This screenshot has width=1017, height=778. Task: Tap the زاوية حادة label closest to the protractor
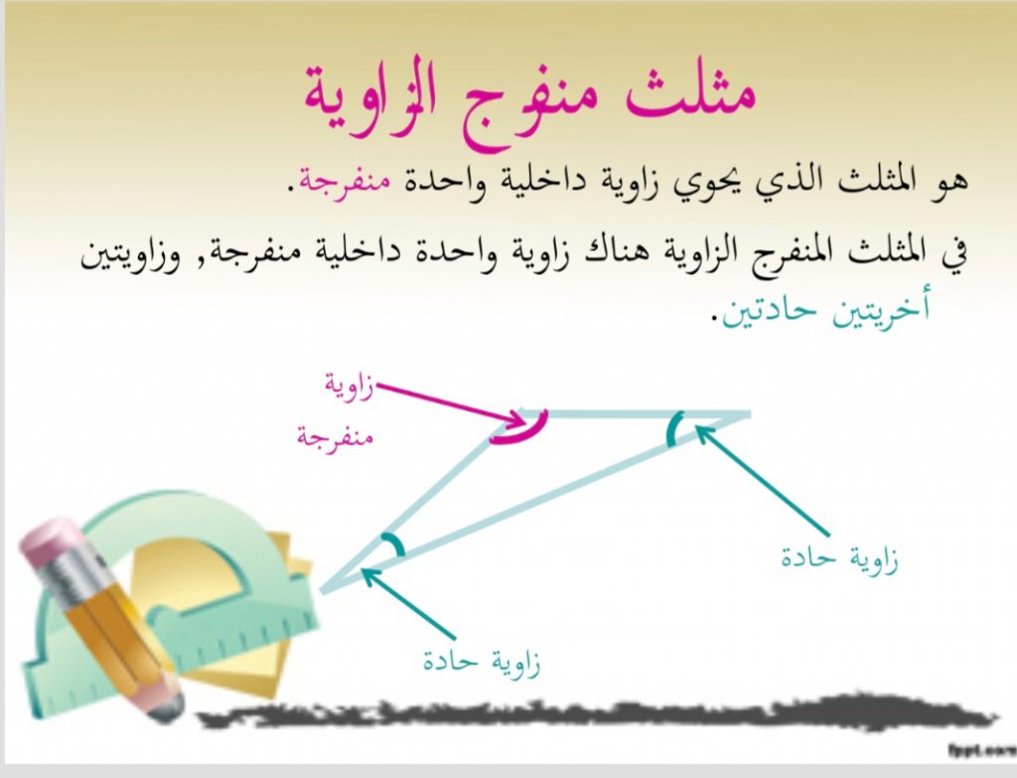pos(482,661)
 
